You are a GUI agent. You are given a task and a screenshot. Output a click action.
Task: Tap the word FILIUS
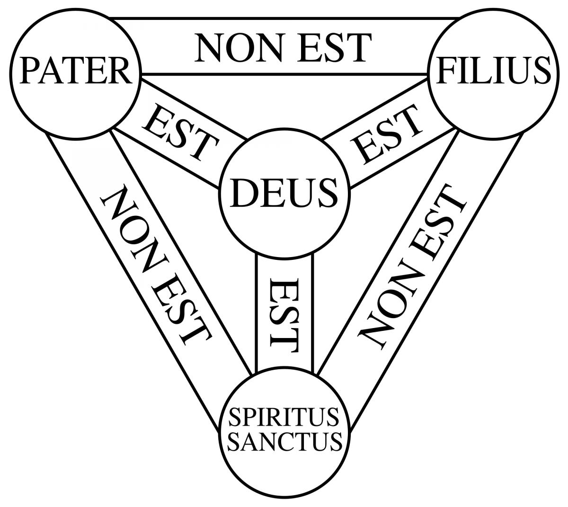494,70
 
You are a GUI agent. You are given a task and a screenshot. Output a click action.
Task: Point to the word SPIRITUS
284,418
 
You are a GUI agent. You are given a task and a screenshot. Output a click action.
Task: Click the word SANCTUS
284,441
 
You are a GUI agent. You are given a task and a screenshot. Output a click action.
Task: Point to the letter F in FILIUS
448,70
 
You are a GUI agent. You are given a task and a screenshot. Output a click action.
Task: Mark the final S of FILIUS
541,70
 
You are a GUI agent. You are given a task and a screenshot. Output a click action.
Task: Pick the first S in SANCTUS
235,441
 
